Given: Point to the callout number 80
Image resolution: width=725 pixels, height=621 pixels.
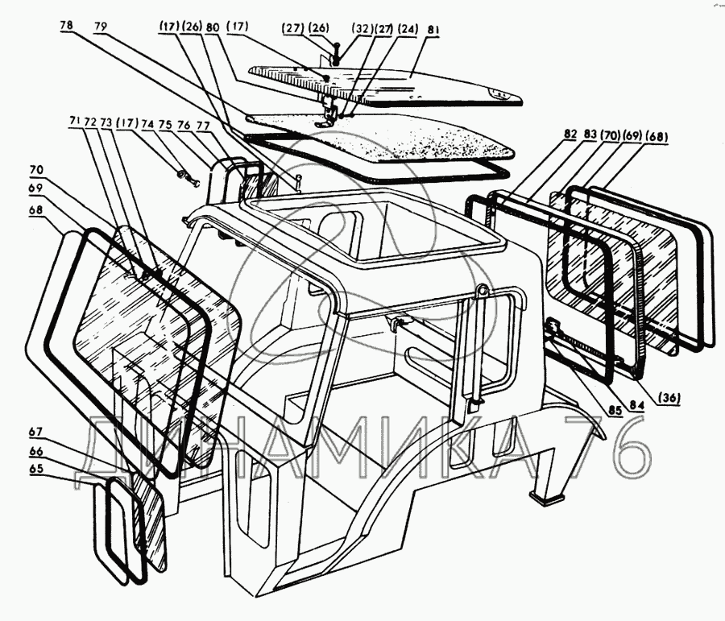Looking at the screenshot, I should coord(213,26).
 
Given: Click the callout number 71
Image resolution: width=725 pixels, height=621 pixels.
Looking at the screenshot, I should coord(74,122).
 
